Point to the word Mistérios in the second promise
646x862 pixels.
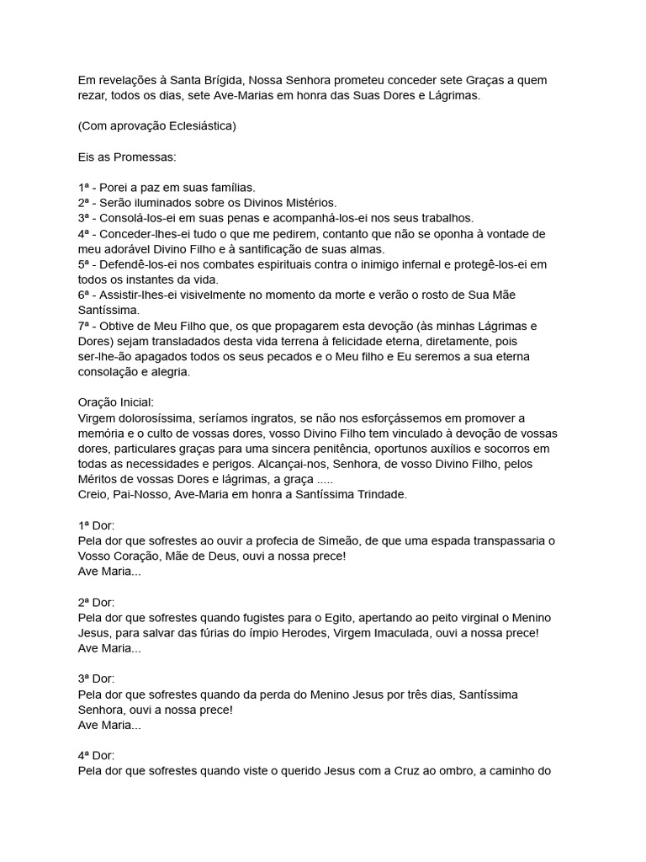click(x=310, y=202)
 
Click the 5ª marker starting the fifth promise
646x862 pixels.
click(x=83, y=264)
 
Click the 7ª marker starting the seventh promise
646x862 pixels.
click(x=83, y=326)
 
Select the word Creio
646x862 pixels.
click(x=93, y=495)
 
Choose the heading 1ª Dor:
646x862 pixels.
click(x=96, y=525)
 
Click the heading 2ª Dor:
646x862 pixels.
click(x=96, y=603)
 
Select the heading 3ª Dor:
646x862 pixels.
click(x=96, y=679)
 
